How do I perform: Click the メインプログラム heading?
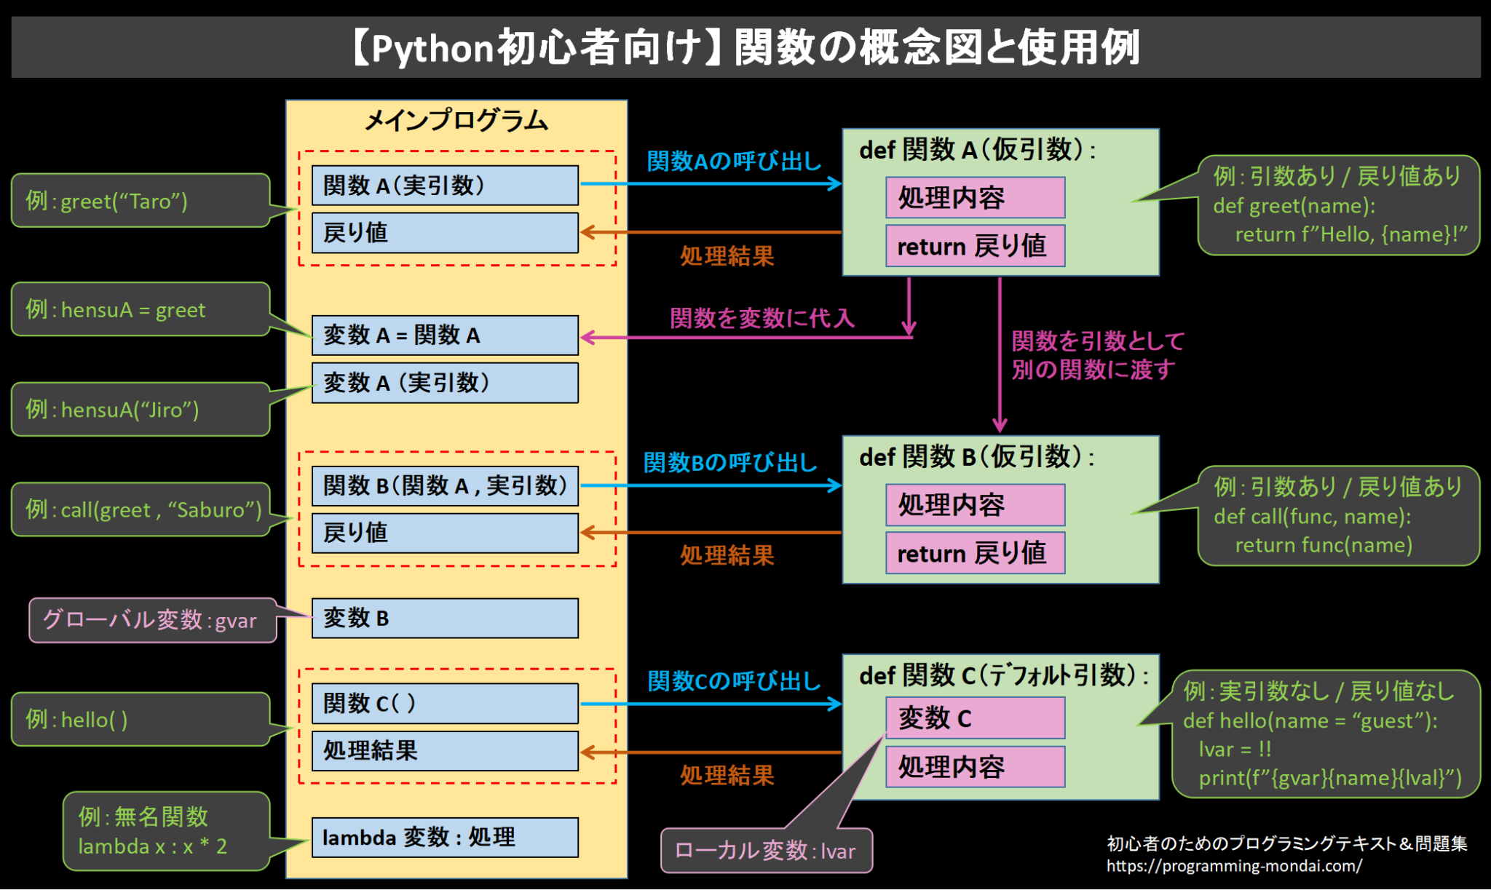tap(456, 120)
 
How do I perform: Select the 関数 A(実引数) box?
tap(445, 186)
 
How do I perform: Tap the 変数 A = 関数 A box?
tap(445, 335)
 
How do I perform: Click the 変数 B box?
tap(445, 618)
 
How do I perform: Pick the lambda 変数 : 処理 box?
tap(445, 838)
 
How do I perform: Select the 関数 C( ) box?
tap(445, 703)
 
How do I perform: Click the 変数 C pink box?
tap(975, 718)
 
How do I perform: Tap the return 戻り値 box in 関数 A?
tap(975, 246)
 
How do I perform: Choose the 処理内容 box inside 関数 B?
tap(975, 504)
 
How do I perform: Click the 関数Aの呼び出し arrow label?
tap(734, 161)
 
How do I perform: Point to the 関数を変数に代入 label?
tap(762, 318)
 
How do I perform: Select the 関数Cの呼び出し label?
tap(734, 681)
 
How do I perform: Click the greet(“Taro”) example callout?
tap(141, 201)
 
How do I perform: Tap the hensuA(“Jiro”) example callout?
tap(141, 409)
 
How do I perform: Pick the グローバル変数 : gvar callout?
tap(153, 620)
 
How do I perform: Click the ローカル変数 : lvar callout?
tap(766, 850)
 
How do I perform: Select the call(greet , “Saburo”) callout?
tap(141, 509)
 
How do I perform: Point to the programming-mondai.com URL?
tap(1234, 866)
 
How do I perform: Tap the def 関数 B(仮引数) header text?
tap(977, 457)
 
